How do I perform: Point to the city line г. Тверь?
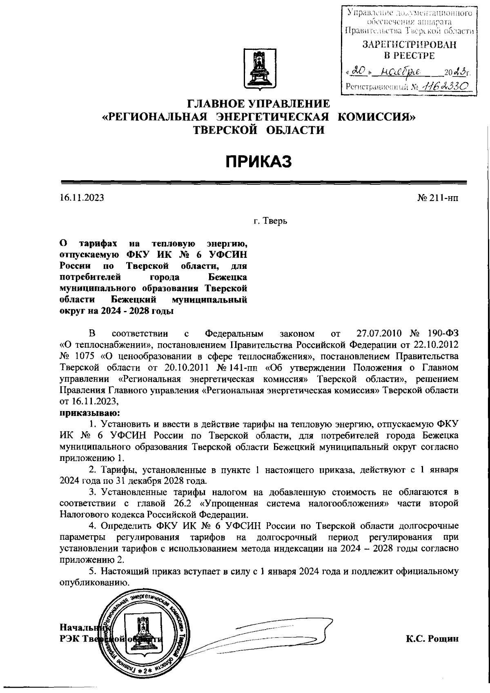(x=270, y=221)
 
